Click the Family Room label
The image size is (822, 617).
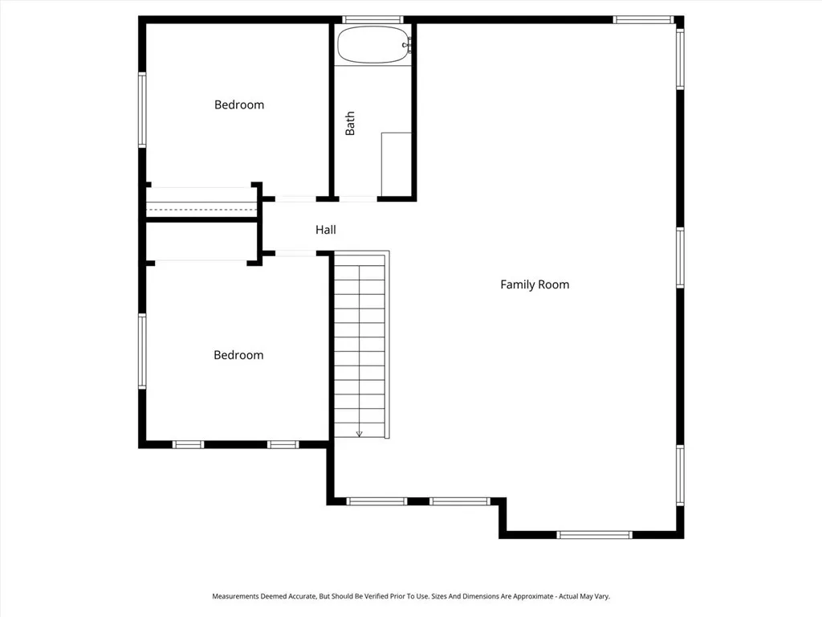[x=535, y=284]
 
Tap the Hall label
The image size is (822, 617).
[x=325, y=230]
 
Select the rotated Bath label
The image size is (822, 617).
[x=350, y=123]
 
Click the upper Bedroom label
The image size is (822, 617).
[x=238, y=104]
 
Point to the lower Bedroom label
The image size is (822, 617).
[x=238, y=355]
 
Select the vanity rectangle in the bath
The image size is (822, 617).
[x=397, y=164]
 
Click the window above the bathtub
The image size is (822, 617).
[x=372, y=19]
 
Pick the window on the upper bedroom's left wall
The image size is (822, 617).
[x=142, y=109]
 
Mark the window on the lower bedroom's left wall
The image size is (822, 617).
[x=142, y=351]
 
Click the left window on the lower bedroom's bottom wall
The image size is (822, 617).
[x=188, y=444]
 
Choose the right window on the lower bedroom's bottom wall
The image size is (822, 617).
[x=283, y=444]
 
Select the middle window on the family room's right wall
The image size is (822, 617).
[x=680, y=258]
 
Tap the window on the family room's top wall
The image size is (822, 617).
[x=643, y=19]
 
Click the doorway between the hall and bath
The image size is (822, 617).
[x=358, y=198]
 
